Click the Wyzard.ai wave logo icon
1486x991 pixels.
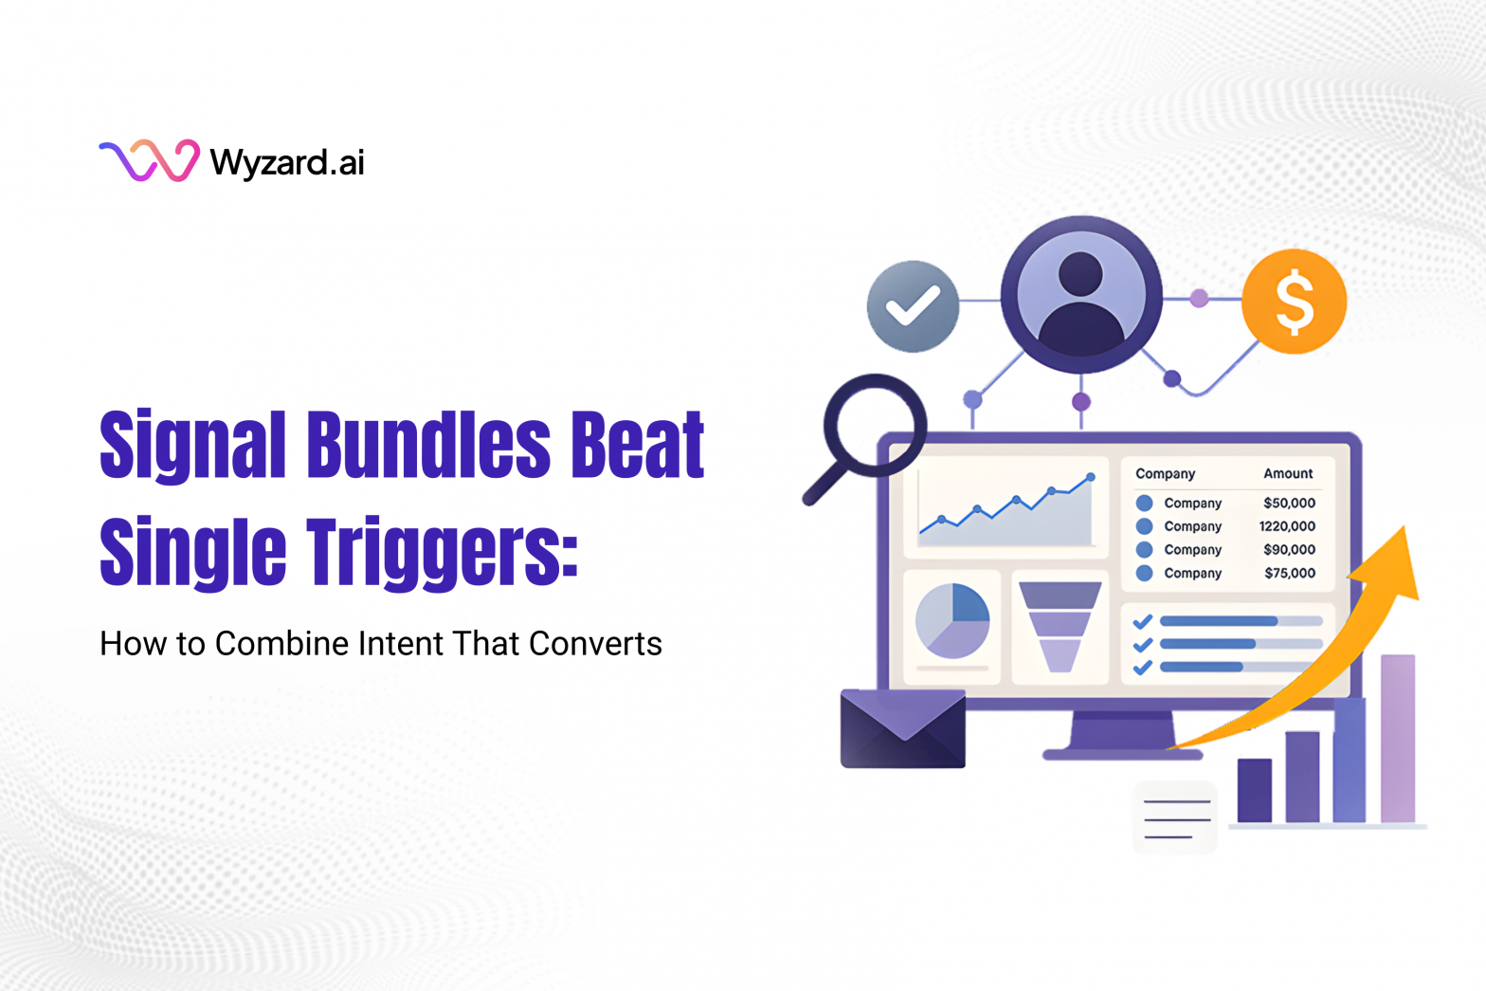[149, 160]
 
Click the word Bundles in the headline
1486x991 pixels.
[428, 445]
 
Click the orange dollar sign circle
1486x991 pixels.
[1294, 302]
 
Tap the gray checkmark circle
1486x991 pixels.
[913, 306]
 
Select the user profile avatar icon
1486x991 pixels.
[1080, 295]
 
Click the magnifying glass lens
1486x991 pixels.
[875, 423]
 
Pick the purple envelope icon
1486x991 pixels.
[902, 728]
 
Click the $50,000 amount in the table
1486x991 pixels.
[1289, 503]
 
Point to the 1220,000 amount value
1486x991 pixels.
[1287, 526]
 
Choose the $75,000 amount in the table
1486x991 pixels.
[1289, 573]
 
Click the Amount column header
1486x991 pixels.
[1288, 473]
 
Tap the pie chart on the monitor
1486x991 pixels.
[952, 620]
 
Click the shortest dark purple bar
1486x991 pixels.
[1255, 790]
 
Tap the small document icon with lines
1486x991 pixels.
[1176, 817]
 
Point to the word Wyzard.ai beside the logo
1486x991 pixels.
[287, 162]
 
